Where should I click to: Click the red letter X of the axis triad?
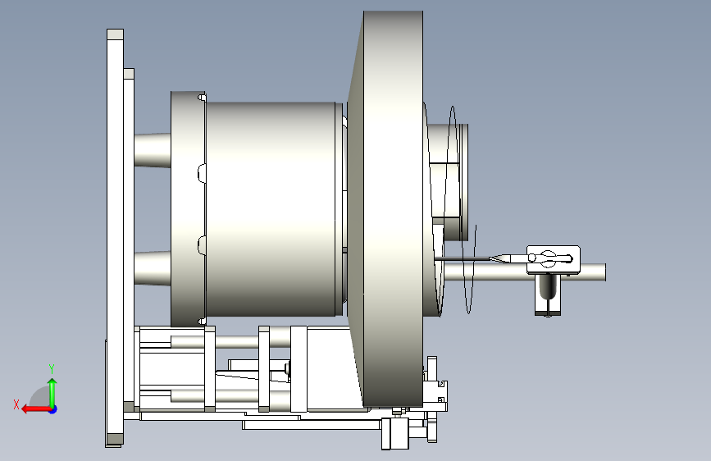(x=16, y=404)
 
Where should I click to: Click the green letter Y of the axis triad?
(x=52, y=368)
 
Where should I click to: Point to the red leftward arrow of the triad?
(x=36, y=409)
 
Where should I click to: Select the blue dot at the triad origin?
(x=53, y=409)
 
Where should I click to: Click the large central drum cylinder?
(x=271, y=208)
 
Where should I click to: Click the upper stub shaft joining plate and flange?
(x=153, y=150)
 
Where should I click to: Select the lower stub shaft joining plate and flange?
(x=153, y=268)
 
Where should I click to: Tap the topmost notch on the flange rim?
(x=202, y=98)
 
